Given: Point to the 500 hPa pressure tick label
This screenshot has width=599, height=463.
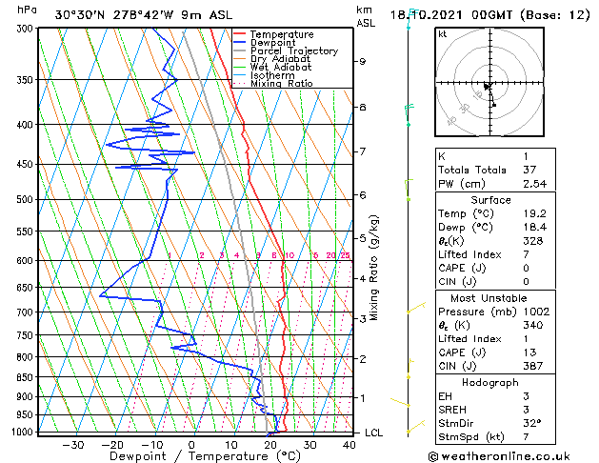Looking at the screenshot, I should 26,199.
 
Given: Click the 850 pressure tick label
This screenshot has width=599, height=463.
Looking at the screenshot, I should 26,377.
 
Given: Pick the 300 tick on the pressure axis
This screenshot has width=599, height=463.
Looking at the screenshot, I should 26,29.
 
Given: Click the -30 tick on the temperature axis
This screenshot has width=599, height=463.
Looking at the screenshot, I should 72,445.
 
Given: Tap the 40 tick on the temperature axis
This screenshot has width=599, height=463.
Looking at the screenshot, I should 349,445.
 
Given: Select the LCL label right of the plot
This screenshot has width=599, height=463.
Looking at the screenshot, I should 375,433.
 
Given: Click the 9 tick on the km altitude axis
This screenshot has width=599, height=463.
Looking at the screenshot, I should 363,61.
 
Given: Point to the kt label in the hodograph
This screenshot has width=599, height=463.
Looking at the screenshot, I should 442,34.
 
